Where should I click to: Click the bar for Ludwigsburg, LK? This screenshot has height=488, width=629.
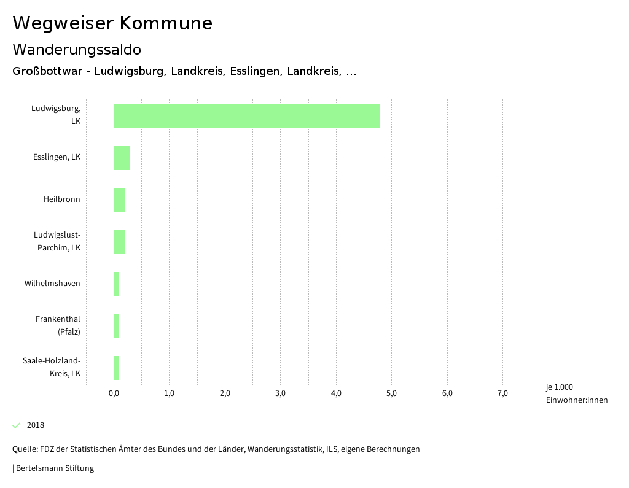point(246,115)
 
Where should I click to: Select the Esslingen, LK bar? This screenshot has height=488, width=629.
point(122,158)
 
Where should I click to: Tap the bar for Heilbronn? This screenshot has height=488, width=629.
point(119,199)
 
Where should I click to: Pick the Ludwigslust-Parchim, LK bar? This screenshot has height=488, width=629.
point(119,242)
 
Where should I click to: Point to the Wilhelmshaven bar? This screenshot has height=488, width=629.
point(116,284)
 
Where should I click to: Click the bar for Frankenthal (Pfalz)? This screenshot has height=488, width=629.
point(116,326)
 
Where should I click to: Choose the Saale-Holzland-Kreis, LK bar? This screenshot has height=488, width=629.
point(116,368)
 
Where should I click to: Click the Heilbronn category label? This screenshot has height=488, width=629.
point(61,199)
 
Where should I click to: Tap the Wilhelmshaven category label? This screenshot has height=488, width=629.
point(52,284)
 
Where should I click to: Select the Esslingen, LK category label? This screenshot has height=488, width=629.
point(57,157)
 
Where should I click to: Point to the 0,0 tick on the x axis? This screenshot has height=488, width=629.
point(114,393)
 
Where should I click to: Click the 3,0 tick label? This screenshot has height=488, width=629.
point(281,393)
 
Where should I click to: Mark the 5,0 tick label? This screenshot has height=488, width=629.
point(392,393)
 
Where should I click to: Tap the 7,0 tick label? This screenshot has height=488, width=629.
point(502,393)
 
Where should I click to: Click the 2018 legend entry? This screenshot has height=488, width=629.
point(36,425)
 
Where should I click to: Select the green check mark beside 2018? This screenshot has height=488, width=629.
point(17,425)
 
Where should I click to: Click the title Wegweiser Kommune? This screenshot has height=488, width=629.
point(112,23)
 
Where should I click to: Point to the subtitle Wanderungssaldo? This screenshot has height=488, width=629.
point(77,49)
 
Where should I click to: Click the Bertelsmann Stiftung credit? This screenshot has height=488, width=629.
point(54,468)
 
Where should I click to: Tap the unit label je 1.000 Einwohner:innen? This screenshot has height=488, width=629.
point(576,393)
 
